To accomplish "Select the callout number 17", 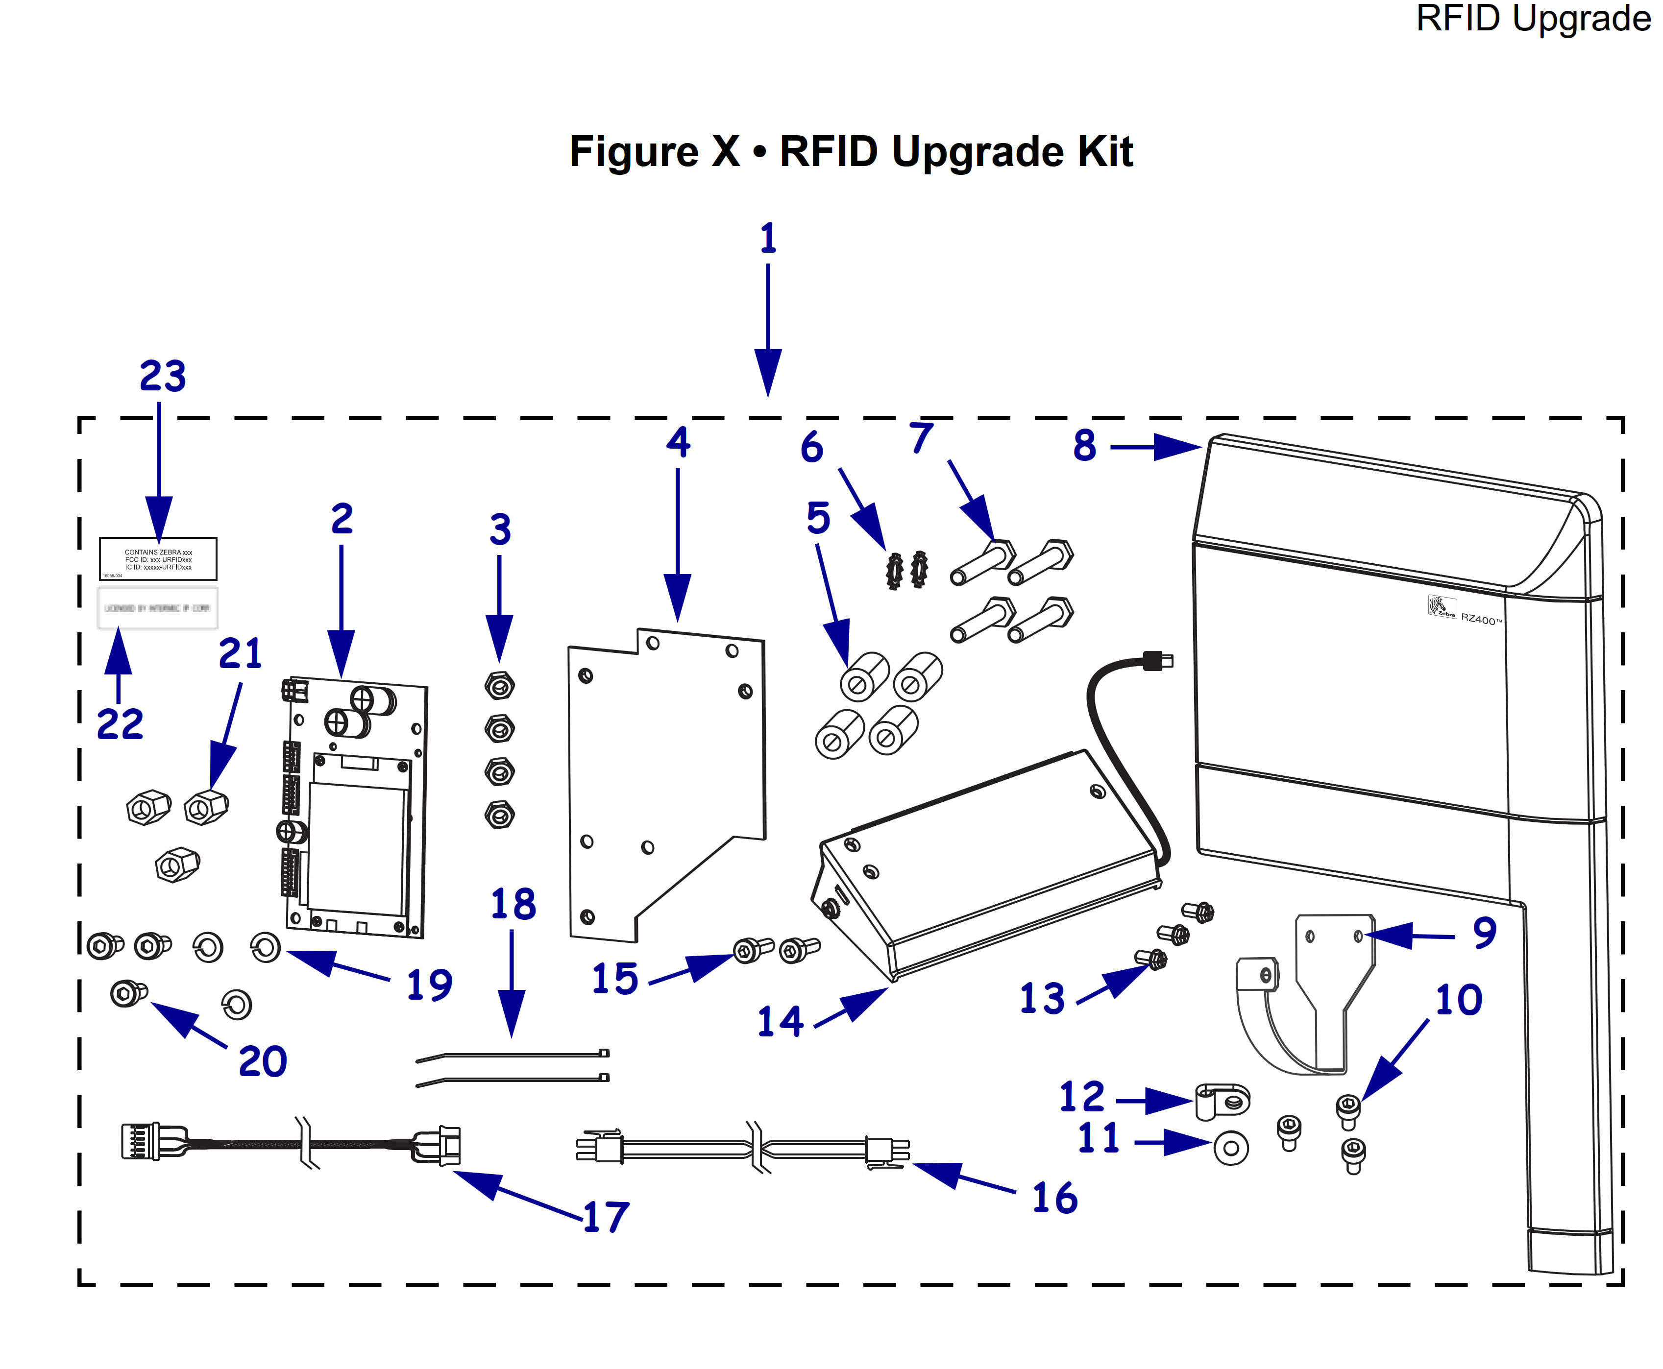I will (606, 1217).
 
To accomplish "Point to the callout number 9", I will (1484, 933).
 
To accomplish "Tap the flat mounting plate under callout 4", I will (666, 781).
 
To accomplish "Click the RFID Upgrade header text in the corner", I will (1533, 19).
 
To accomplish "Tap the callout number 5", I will (818, 518).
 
